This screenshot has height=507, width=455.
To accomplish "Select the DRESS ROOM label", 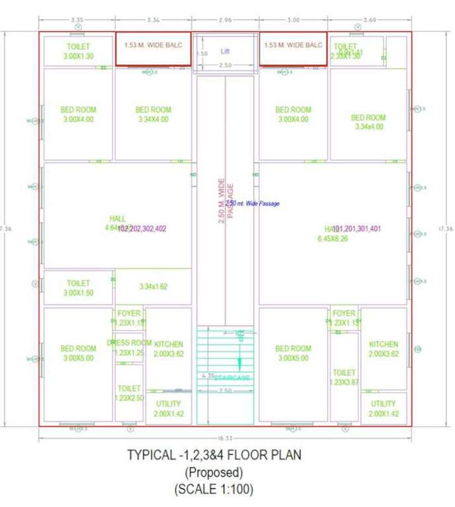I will [129, 343].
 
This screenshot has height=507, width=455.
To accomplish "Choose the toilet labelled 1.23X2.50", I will [129, 393].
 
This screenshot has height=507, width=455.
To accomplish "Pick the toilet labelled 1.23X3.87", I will [345, 378].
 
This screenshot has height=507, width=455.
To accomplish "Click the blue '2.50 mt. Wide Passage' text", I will [253, 204].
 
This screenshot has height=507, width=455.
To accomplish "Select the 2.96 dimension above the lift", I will [226, 20].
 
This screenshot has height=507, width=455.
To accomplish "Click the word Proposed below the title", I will [214, 473].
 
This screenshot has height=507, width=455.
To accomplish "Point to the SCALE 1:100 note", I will [214, 490].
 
